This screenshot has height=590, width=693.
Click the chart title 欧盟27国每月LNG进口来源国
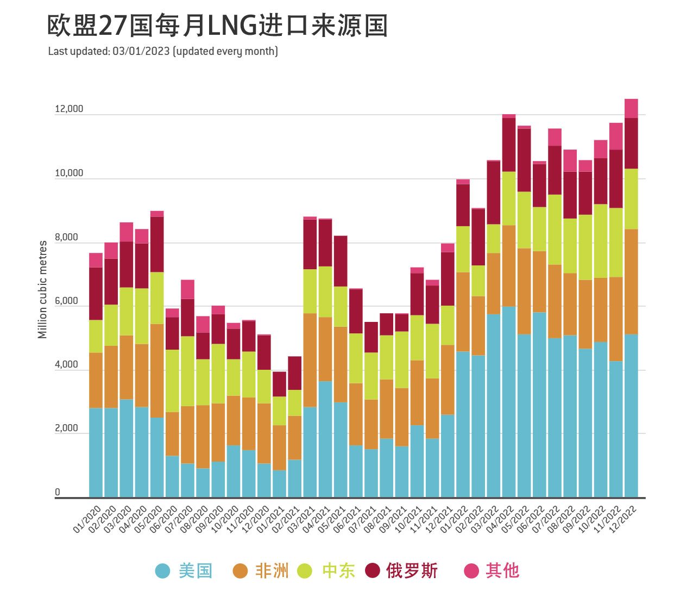[217, 26]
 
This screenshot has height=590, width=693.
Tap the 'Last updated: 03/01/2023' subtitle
[163, 52]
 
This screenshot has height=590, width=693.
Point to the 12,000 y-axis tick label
[69, 109]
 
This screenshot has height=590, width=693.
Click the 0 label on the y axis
[58, 493]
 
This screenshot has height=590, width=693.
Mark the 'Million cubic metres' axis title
[42, 289]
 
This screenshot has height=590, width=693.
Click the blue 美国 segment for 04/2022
[509, 402]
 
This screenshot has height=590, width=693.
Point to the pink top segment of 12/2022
[631, 108]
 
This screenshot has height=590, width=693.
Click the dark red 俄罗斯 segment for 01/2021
[279, 384]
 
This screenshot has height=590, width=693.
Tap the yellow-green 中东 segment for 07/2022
[555, 229]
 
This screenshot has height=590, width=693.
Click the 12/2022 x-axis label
[624, 519]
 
